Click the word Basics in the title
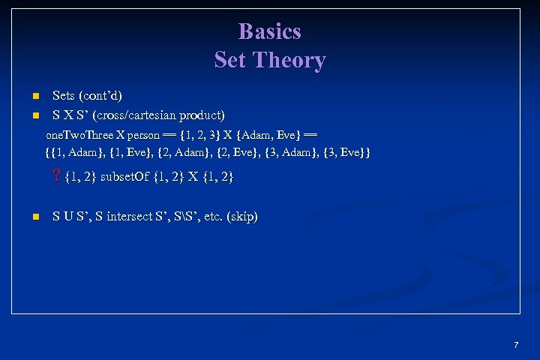269,31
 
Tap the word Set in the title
230,60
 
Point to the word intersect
133,217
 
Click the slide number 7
516,345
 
